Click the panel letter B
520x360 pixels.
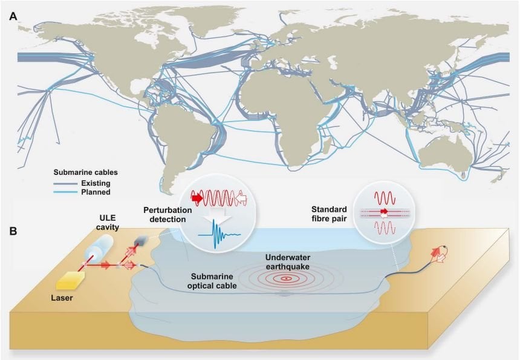pyautogui.click(x=13, y=231)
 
